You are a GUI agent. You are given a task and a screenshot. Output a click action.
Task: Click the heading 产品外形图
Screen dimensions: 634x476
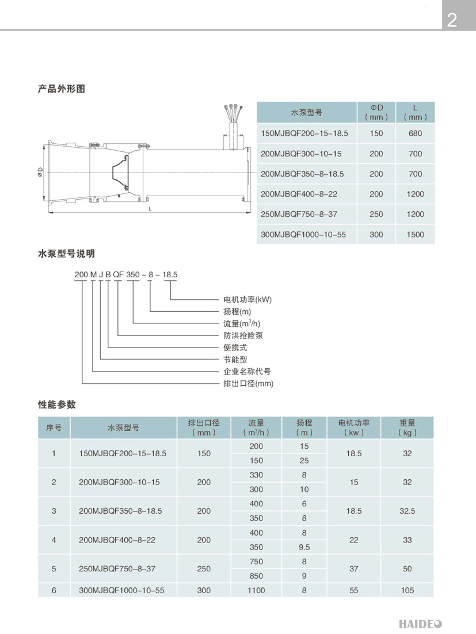61,89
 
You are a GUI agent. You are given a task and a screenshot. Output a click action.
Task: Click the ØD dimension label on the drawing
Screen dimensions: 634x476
40,171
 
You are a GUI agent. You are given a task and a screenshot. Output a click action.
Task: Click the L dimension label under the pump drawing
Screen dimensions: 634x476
150,209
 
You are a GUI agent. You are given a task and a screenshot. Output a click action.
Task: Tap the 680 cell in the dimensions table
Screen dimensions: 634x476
415,133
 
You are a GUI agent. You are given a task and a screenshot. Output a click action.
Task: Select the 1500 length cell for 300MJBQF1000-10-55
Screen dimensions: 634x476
415,234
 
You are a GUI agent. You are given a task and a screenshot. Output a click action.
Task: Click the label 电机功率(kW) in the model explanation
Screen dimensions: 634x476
247,300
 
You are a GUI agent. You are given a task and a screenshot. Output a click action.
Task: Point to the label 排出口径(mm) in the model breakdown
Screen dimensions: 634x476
248,383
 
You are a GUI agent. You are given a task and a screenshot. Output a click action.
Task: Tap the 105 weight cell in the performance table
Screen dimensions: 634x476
408,590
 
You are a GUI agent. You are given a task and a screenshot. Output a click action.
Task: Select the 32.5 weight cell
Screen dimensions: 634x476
408,511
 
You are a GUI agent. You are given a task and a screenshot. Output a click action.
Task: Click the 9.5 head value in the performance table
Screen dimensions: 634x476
304,547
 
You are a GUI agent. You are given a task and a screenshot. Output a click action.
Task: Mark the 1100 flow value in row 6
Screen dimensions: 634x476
256,590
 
